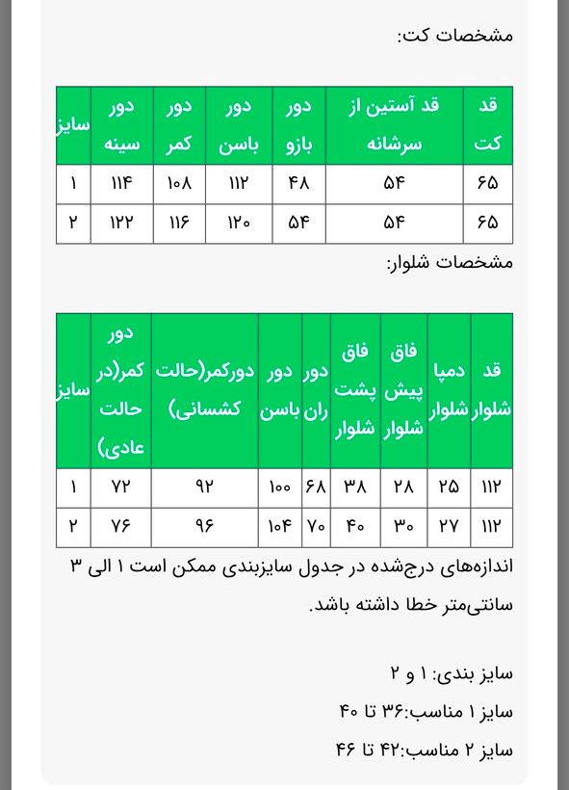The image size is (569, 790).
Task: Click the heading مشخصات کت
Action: (454, 36)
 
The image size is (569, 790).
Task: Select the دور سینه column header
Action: (122, 124)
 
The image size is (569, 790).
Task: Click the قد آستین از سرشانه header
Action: (395, 124)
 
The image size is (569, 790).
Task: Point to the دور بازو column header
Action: (299, 124)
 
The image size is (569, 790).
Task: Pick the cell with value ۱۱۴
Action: (122, 182)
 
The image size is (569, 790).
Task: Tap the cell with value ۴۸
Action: (299, 182)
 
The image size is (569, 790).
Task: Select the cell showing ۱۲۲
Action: (122, 222)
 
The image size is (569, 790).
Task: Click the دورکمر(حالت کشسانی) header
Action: (204, 389)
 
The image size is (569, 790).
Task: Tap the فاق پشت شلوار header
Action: (355, 389)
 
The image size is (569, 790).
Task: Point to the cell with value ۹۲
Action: (204, 487)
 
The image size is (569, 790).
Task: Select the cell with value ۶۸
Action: (317, 487)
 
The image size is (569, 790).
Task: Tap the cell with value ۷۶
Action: (122, 526)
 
